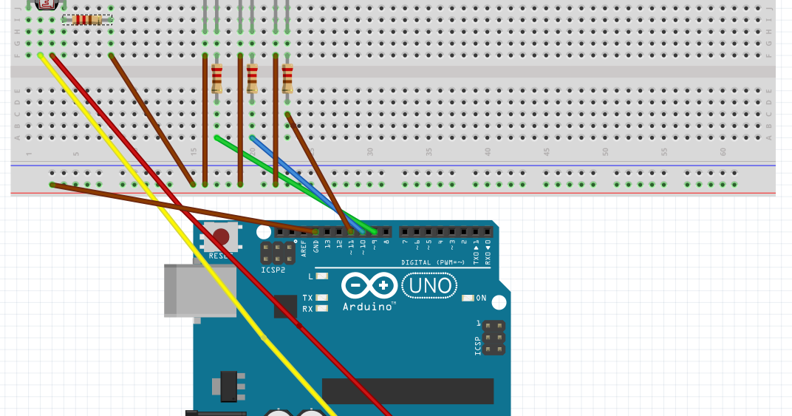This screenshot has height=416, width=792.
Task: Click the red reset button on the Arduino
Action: pos(221,236)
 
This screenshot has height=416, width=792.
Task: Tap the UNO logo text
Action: pos(429,285)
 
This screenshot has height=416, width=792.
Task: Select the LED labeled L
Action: pos(321,276)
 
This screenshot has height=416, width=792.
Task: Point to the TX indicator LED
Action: pos(321,298)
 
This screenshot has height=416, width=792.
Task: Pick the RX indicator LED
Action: pos(321,309)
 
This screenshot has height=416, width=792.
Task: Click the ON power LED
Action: pos(468,298)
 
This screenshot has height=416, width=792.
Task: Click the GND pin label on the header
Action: pos(316,246)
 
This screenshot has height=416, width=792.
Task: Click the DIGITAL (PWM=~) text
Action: pos(433,262)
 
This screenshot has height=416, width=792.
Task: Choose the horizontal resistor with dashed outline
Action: pos(87,20)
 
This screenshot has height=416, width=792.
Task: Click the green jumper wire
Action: pos(296,181)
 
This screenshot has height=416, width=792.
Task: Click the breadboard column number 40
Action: pos(488,151)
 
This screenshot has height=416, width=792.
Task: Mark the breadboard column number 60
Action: pos(723,151)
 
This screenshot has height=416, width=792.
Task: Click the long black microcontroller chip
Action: pos(407,391)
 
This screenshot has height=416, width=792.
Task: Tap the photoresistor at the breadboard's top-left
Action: pos(47,4)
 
